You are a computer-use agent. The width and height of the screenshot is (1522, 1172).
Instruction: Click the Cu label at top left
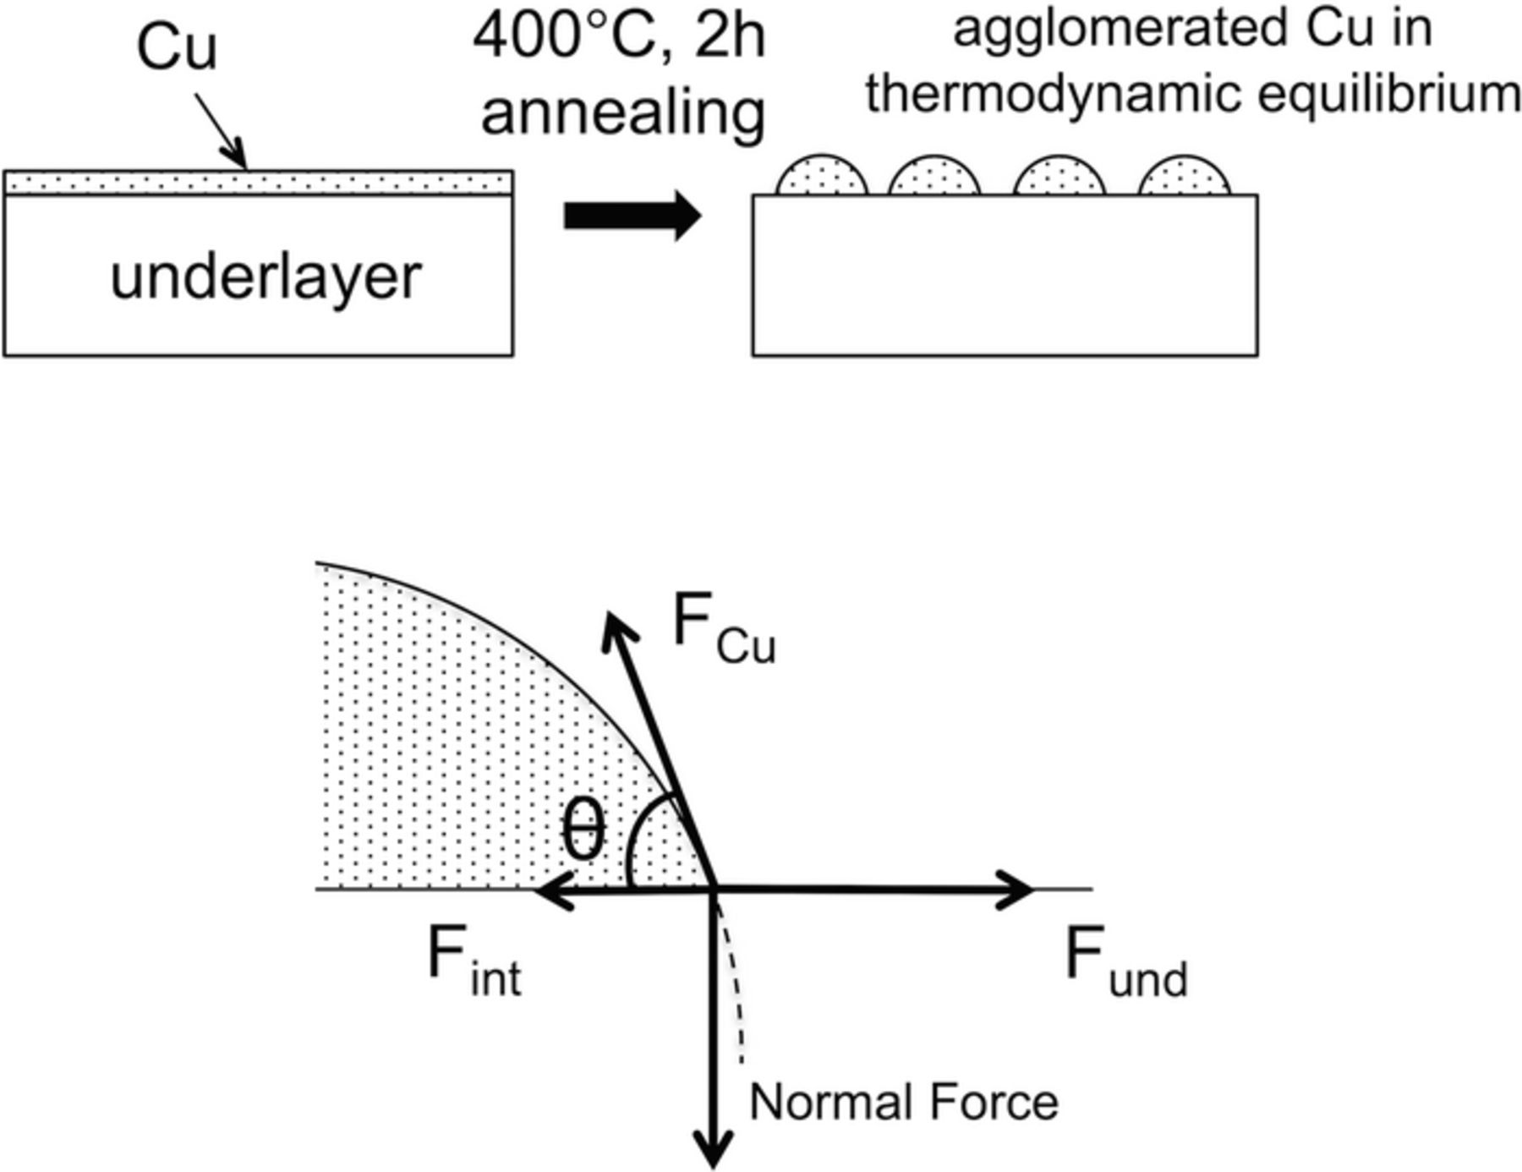(x=177, y=48)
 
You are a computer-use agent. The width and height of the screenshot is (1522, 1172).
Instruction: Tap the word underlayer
(x=266, y=277)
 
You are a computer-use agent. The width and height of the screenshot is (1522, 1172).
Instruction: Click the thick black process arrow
(x=632, y=216)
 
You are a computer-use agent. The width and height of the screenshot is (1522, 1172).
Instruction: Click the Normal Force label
(x=904, y=1103)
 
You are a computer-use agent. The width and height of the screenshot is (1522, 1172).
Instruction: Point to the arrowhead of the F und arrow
(x=1019, y=890)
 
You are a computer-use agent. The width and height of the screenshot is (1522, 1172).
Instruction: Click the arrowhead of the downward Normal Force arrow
(x=715, y=1154)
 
